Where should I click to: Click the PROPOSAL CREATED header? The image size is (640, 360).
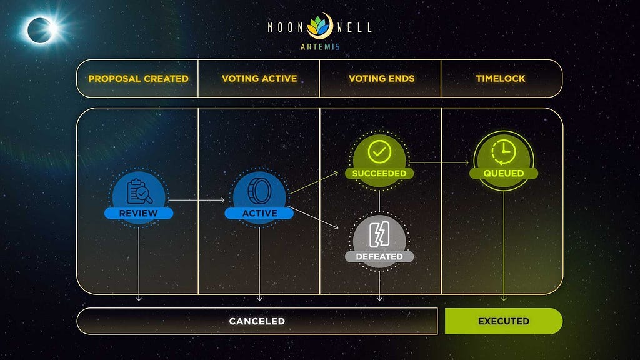click(138, 78)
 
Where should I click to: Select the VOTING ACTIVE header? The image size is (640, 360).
click(259, 78)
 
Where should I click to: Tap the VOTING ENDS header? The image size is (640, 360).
click(382, 78)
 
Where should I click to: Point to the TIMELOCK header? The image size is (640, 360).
click(501, 78)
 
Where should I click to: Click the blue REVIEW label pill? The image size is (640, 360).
click(139, 213)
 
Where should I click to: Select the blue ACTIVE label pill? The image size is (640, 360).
click(259, 213)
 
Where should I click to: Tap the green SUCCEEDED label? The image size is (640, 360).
click(379, 173)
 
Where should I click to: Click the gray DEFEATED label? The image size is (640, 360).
click(379, 256)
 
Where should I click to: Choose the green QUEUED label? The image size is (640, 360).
click(504, 173)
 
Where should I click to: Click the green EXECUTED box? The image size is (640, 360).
click(504, 321)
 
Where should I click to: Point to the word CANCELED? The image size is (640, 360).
click(257, 321)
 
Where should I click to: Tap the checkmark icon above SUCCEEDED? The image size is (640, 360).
click(379, 152)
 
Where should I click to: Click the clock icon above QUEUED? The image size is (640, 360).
click(504, 152)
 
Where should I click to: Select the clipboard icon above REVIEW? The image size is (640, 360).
click(139, 191)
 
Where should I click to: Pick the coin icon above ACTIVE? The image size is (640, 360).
click(259, 191)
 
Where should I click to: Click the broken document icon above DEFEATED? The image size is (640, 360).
click(379, 234)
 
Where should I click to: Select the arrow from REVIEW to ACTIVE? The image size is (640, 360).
click(197, 200)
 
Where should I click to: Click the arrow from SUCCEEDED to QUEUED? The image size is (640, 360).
click(439, 162)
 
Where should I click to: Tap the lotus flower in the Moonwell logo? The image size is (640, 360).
click(319, 26)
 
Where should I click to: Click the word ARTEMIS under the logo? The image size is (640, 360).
click(321, 47)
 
